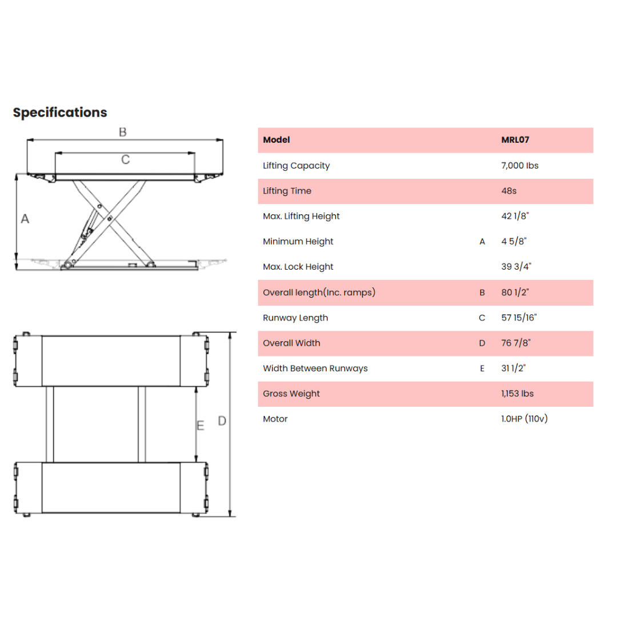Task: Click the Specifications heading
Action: click(x=60, y=113)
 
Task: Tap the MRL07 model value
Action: click(x=515, y=140)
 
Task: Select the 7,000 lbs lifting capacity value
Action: click(x=520, y=166)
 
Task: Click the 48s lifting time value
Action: click(x=509, y=191)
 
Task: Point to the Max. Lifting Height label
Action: click(x=301, y=217)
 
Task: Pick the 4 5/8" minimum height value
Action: click(x=514, y=241)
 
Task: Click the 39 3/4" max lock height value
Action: click(x=516, y=267)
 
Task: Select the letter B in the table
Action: click(x=482, y=293)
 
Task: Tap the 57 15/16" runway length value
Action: click(x=519, y=318)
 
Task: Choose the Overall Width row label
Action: click(x=291, y=343)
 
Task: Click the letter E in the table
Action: click(x=482, y=368)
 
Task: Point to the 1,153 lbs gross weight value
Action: click(x=518, y=394)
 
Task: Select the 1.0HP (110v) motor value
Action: click(x=524, y=419)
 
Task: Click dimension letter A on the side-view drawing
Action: click(x=25, y=219)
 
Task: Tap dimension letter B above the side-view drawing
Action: click(x=123, y=132)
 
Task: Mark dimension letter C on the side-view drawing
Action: click(x=126, y=160)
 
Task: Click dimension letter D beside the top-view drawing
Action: click(x=222, y=421)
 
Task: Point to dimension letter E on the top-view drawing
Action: click(x=201, y=426)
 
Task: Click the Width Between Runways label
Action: click(x=315, y=368)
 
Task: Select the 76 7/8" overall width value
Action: click(x=516, y=343)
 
